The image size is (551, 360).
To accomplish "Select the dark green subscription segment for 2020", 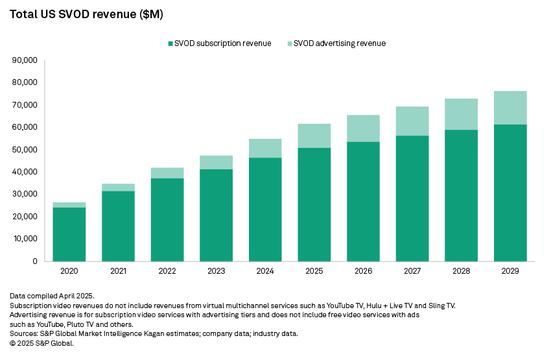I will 69,234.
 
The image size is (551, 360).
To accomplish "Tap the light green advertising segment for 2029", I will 510,108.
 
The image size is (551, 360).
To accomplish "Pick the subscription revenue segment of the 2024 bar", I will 265,209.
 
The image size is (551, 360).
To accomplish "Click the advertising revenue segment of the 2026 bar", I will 363,128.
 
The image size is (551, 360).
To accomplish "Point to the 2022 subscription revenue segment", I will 167,219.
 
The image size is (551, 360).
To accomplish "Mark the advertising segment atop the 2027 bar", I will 412,121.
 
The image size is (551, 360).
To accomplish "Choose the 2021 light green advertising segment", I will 118,187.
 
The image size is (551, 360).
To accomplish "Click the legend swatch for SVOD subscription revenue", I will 170,43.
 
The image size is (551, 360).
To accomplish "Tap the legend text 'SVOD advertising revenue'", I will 339,43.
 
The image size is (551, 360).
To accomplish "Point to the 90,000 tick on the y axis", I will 25,60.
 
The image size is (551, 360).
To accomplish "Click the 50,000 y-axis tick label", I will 25,150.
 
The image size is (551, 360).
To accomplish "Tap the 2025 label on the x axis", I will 314,271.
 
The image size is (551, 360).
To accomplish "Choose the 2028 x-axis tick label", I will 461,271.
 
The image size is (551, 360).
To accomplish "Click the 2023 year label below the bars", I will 217,271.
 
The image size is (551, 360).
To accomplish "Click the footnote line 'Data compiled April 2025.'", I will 52,296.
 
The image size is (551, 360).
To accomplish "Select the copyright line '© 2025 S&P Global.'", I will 41,343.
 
